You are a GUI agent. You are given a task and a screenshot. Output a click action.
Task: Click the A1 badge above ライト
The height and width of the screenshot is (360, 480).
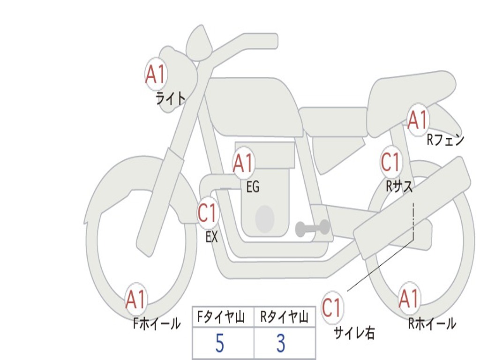(x=156, y=74)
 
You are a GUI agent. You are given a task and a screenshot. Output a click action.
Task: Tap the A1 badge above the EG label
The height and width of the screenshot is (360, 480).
(x=243, y=163)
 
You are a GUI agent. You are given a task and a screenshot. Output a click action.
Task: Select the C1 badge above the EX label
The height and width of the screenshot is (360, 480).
(x=208, y=213)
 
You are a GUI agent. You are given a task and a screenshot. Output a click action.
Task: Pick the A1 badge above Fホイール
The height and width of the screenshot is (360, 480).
(x=136, y=299)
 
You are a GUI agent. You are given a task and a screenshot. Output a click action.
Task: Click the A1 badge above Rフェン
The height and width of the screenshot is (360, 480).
(x=418, y=120)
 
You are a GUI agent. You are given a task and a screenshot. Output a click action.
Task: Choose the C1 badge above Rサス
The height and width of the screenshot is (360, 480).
(x=391, y=162)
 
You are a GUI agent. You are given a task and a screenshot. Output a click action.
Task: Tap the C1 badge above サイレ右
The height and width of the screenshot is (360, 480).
(x=332, y=308)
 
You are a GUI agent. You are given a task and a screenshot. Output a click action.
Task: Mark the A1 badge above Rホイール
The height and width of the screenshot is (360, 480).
(x=409, y=299)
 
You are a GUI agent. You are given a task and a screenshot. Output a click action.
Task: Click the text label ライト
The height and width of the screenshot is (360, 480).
(x=170, y=98)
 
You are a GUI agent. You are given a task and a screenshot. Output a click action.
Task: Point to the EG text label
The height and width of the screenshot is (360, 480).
(x=253, y=187)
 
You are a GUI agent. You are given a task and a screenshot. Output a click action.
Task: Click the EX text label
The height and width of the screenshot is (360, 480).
(x=211, y=237)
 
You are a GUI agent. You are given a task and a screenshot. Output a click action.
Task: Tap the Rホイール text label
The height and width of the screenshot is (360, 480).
(x=432, y=323)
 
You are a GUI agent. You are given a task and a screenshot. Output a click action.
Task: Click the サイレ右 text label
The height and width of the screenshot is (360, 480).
(x=354, y=333)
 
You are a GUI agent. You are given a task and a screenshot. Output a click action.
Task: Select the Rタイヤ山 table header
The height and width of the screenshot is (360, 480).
(x=285, y=318)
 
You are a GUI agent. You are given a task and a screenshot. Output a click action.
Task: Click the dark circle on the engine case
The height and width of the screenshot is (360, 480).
(x=265, y=219)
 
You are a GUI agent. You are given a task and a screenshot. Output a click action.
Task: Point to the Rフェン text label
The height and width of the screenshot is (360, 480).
(x=445, y=140)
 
